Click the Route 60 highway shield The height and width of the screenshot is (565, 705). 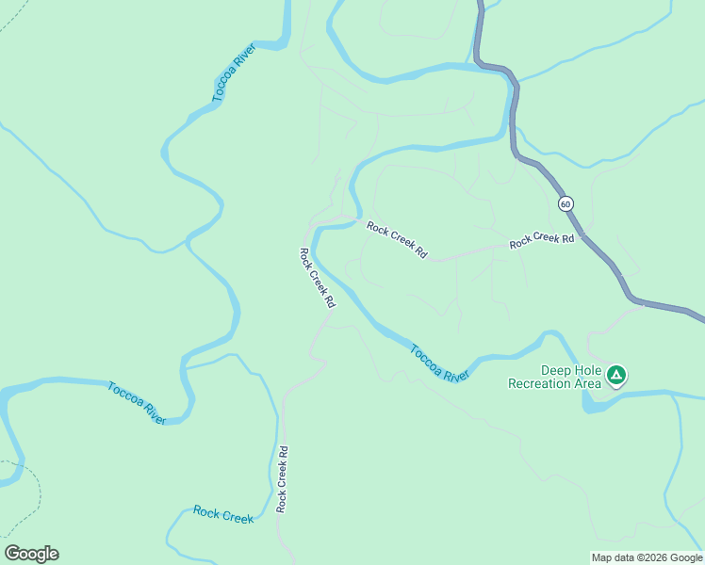(x=565, y=203)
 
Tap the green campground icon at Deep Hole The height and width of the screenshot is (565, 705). (x=615, y=376)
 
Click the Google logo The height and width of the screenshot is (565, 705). (x=31, y=554)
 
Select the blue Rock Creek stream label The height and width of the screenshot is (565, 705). (x=223, y=514)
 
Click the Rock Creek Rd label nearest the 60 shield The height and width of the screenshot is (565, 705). (x=542, y=240)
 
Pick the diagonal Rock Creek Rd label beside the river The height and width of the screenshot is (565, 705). (x=317, y=278)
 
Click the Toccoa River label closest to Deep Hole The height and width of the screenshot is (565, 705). (x=439, y=363)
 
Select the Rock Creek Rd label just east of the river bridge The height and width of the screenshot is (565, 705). (x=398, y=240)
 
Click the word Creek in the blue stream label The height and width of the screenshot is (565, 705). (x=238, y=516)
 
